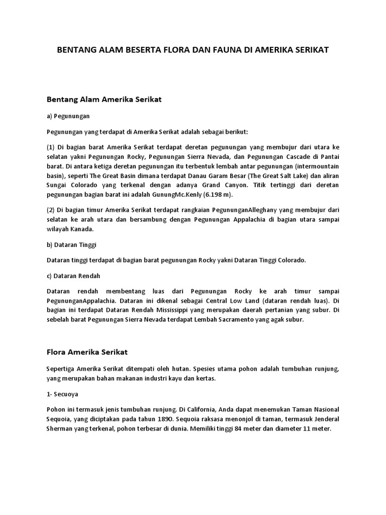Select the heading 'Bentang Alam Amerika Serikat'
104,100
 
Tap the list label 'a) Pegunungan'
68,116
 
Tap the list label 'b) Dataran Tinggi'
71,244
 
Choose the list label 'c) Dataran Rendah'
73,276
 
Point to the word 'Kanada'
83,229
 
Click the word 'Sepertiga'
63,369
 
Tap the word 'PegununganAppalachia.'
74,301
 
